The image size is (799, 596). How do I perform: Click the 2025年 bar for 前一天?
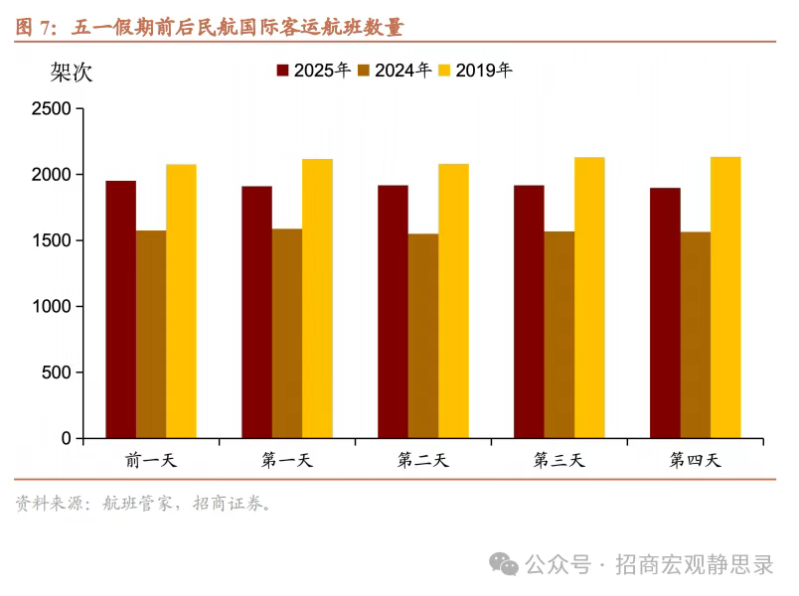(x=121, y=309)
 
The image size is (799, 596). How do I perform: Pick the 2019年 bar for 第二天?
(x=453, y=300)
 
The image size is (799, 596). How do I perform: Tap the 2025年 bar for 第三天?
(x=529, y=311)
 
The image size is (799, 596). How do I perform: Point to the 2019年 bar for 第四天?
(x=725, y=297)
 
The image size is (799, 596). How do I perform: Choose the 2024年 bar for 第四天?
(x=695, y=335)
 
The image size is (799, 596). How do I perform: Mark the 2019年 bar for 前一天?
(x=181, y=300)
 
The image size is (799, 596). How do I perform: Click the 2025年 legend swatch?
(x=282, y=71)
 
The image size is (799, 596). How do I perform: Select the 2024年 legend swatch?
(x=364, y=71)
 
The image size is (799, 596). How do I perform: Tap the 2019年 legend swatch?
(x=445, y=71)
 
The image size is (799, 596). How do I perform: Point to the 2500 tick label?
(x=52, y=108)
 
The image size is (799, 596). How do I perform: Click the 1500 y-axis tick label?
(x=52, y=240)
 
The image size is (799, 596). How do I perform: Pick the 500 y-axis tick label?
(x=57, y=372)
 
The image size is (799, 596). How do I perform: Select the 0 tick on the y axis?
(x=67, y=438)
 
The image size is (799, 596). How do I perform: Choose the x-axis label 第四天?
(x=695, y=460)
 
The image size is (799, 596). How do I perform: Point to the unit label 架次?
(x=72, y=72)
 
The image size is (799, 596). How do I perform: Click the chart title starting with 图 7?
(x=210, y=27)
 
